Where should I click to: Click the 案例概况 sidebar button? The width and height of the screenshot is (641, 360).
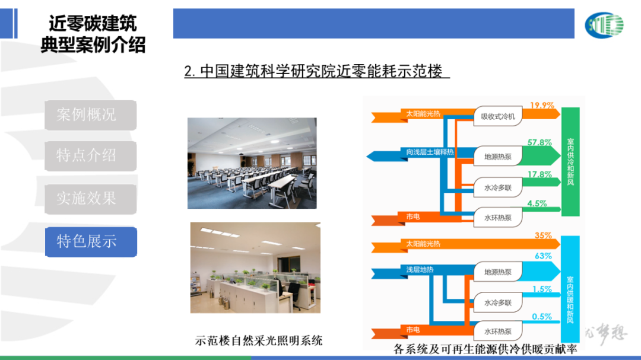pos(90,115)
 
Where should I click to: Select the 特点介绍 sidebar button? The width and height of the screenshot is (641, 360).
pos(90,156)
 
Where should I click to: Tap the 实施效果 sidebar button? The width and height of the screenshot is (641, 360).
pos(90,199)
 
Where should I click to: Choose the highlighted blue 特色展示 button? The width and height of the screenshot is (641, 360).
pos(90,241)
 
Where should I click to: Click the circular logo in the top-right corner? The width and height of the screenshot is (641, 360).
pos(604,24)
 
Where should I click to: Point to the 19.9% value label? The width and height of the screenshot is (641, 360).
pos(542,106)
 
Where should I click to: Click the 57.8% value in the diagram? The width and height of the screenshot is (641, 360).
pos(540,142)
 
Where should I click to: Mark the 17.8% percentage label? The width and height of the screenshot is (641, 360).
pos(540,174)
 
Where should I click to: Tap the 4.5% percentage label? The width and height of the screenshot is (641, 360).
pos(537,203)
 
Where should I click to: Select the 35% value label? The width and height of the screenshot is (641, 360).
pos(543,235)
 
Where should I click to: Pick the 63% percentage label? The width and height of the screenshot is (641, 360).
pos(543,256)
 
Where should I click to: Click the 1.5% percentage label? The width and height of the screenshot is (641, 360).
pos(542,289)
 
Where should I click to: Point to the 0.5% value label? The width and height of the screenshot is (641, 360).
pos(542,317)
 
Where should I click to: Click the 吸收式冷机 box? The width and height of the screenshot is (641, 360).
pos(498,116)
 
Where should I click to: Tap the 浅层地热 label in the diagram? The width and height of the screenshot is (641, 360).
pos(420,270)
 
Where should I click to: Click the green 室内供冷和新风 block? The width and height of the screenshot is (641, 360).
pos(570,161)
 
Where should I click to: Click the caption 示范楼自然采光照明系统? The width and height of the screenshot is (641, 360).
pos(259,340)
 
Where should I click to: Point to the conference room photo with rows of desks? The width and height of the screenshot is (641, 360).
pos(252,163)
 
